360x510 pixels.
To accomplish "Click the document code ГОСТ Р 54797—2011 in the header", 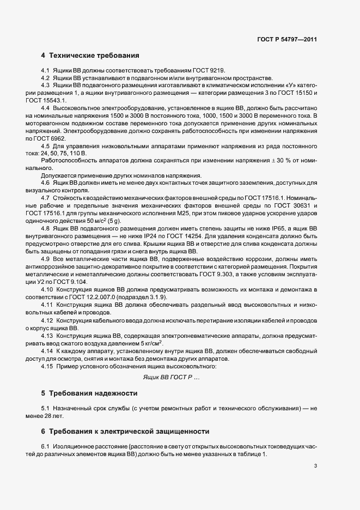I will tap(286, 39).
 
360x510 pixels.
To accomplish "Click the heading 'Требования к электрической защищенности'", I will tap(129, 431).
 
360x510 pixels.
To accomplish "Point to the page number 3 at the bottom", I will tap(316, 466).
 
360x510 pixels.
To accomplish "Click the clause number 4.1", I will tap(45, 71).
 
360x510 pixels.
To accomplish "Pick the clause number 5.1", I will tap(45, 408).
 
